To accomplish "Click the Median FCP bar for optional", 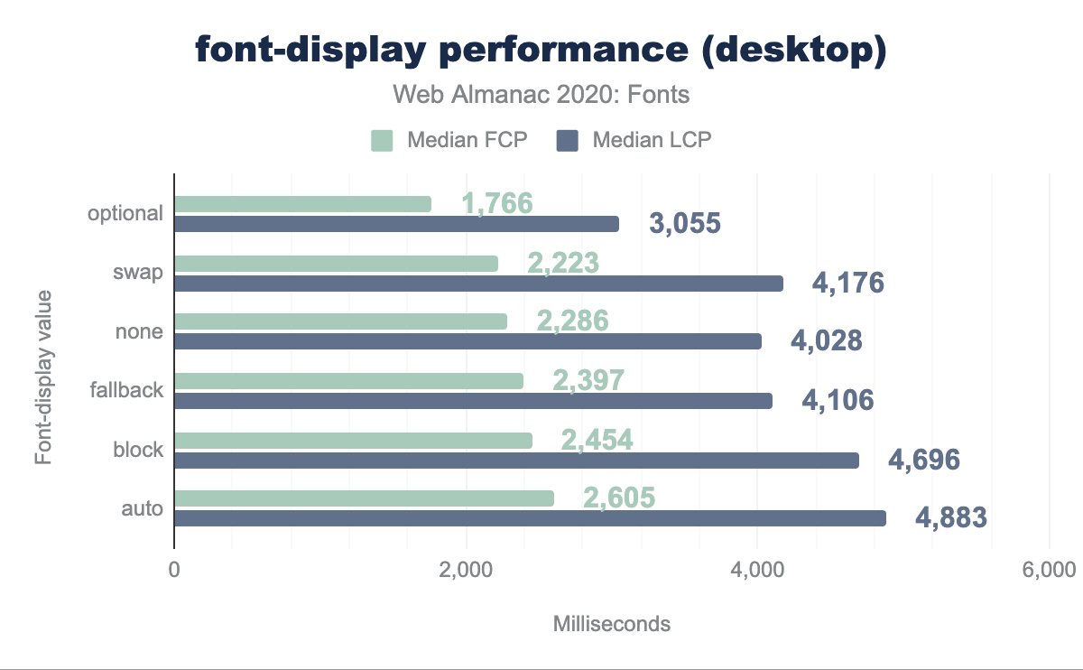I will coord(302,204).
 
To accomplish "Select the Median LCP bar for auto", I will coord(530,518).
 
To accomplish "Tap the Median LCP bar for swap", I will coord(478,284).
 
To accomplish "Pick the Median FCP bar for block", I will coord(353,440).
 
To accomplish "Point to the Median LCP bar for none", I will coord(467,341).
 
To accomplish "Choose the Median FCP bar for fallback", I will coord(348,381).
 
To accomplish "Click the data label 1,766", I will coord(497,204).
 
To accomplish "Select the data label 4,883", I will coord(951,518).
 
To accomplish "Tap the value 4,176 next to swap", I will coord(847,284).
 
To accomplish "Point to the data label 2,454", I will coord(597,440).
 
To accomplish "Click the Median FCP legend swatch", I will coord(382,140).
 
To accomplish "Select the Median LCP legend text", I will coord(653,140).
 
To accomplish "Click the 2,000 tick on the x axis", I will coord(466,571).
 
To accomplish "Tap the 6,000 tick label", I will coord(1049,571).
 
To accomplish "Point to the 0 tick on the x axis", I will coord(174,571).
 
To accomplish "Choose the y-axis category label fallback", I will coord(126,390).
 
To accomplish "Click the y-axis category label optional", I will coord(125,214).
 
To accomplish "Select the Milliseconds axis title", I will coord(611,624).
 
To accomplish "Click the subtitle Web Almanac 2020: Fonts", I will coord(541,95).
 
